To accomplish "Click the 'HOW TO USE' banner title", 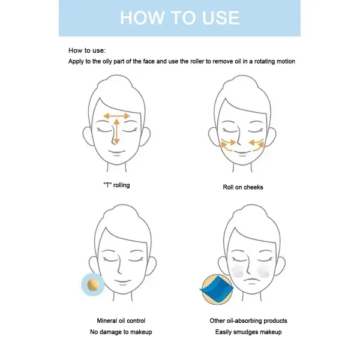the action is [x=180, y=17].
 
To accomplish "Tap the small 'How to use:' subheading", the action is [x=87, y=50].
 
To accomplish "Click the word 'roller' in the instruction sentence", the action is [x=197, y=61].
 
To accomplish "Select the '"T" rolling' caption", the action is [x=116, y=185].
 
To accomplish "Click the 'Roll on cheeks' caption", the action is [x=243, y=187].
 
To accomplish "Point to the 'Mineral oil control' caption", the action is [x=121, y=320].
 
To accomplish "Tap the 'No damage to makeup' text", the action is [x=121, y=332].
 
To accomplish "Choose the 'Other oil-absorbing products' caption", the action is [x=248, y=320].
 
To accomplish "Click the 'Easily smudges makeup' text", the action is [x=248, y=332].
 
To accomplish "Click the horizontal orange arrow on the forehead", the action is [x=116, y=116].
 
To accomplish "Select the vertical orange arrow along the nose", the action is [x=116, y=131].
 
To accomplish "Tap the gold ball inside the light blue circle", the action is [x=93, y=285].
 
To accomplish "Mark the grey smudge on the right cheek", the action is [x=263, y=271].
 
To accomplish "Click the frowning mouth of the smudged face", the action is [x=251, y=280].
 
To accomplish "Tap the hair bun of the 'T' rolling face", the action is [x=116, y=85].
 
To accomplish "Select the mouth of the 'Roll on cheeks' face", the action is [x=242, y=152].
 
